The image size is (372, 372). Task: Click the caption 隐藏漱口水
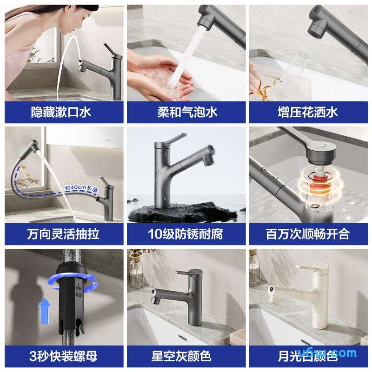pos(64,112)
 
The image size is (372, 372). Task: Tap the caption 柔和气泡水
pos(186,112)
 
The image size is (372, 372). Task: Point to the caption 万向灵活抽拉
pos(64,234)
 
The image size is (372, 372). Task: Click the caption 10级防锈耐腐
pos(186,234)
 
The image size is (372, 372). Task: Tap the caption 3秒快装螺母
pos(64,356)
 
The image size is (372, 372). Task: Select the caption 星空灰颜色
pos(186,356)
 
